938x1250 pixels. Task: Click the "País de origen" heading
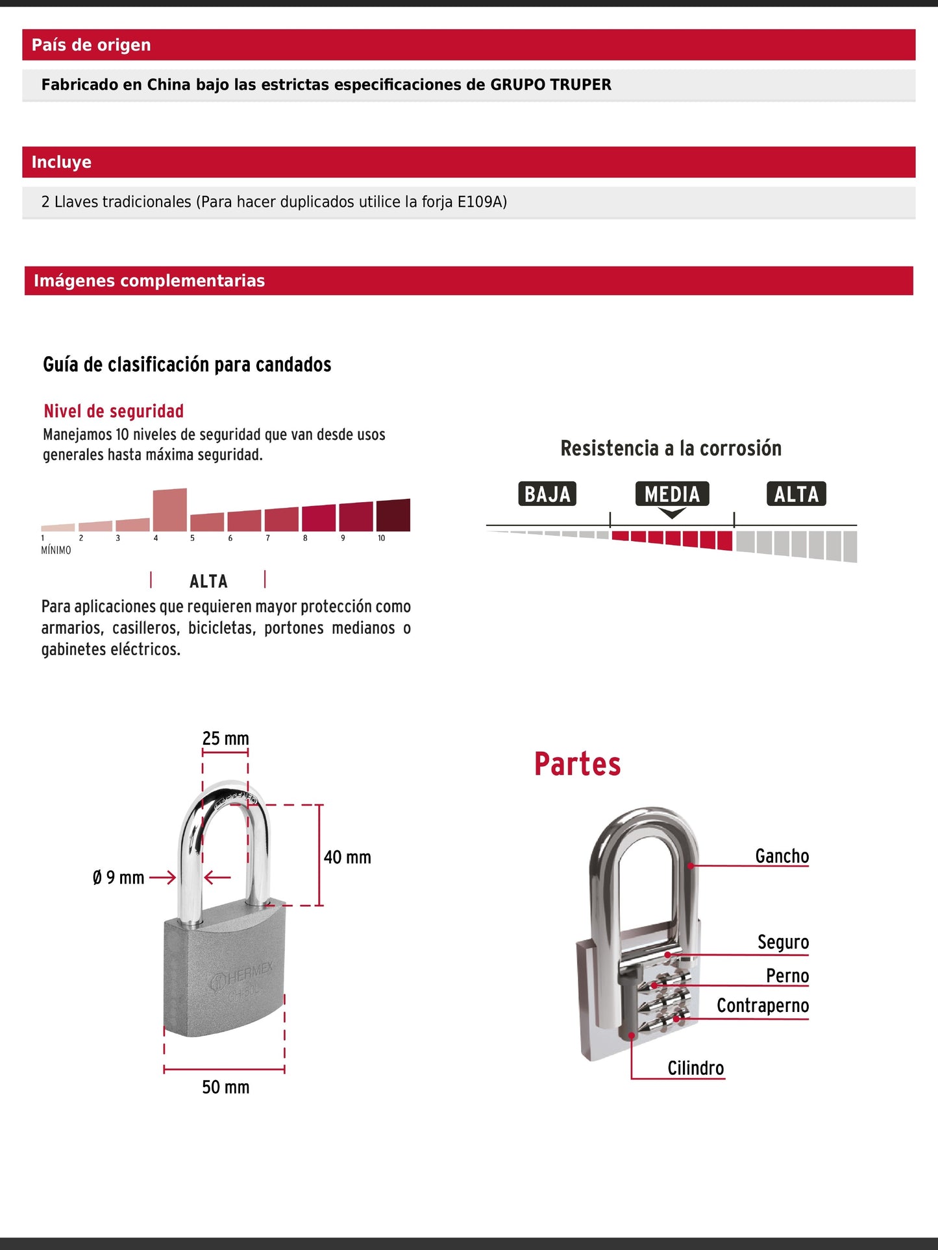click(91, 45)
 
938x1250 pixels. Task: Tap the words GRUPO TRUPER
click(550, 85)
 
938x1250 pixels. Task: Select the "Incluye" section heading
click(62, 162)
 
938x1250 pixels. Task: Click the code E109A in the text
click(482, 202)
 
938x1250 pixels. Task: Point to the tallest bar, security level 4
click(170, 510)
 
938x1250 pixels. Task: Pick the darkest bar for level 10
click(393, 516)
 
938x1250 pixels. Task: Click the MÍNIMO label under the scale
click(56, 550)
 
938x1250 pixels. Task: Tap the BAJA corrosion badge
click(547, 494)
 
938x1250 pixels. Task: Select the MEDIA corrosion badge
click(672, 494)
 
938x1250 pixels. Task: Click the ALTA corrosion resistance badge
click(796, 494)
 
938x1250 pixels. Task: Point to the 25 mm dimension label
click(225, 738)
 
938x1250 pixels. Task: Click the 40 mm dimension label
click(347, 858)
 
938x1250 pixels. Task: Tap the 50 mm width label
click(225, 1087)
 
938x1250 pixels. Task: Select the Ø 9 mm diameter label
click(118, 878)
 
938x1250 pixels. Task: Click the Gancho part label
click(782, 856)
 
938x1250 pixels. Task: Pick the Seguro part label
click(783, 942)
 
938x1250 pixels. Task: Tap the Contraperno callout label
click(763, 1005)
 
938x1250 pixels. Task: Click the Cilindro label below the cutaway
click(695, 1068)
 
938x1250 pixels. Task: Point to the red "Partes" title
click(577, 764)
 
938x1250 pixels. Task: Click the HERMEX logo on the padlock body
click(244, 976)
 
